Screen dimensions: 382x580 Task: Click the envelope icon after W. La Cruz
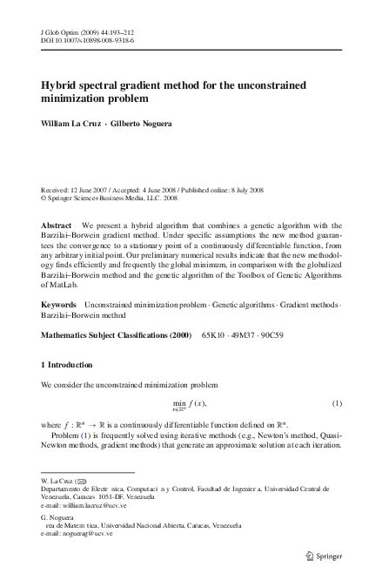click(x=83, y=480)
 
